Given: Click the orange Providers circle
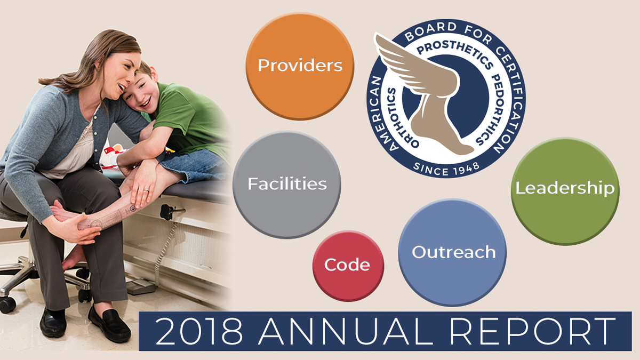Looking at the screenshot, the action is pyautogui.click(x=300, y=66).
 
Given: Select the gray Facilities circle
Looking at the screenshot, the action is pyautogui.click(x=287, y=185).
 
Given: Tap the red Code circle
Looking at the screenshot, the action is pyautogui.click(x=348, y=266).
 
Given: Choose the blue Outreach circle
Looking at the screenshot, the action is pyautogui.click(x=452, y=253).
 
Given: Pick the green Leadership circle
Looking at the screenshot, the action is pyautogui.click(x=565, y=191).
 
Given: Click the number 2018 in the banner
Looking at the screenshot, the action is pyautogui.click(x=199, y=331).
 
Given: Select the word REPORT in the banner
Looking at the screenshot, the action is pyautogui.click(x=533, y=331).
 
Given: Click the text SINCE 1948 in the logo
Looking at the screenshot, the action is pyautogui.click(x=446, y=169).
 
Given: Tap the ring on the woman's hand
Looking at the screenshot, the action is pyautogui.click(x=146, y=190).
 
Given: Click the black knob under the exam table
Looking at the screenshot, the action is pyautogui.click(x=166, y=212).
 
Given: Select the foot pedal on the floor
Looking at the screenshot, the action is pyautogui.click(x=141, y=287).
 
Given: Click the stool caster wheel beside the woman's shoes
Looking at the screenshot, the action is pyautogui.click(x=7, y=305).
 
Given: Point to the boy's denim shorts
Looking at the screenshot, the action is pyautogui.click(x=194, y=166).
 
